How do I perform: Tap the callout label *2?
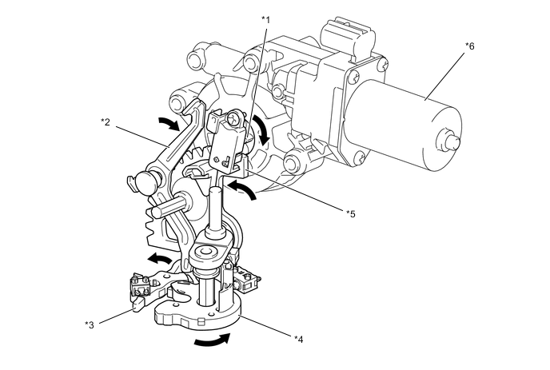coord(106,121)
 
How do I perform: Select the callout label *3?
coord(90,324)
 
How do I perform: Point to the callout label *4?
coord(298,338)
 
